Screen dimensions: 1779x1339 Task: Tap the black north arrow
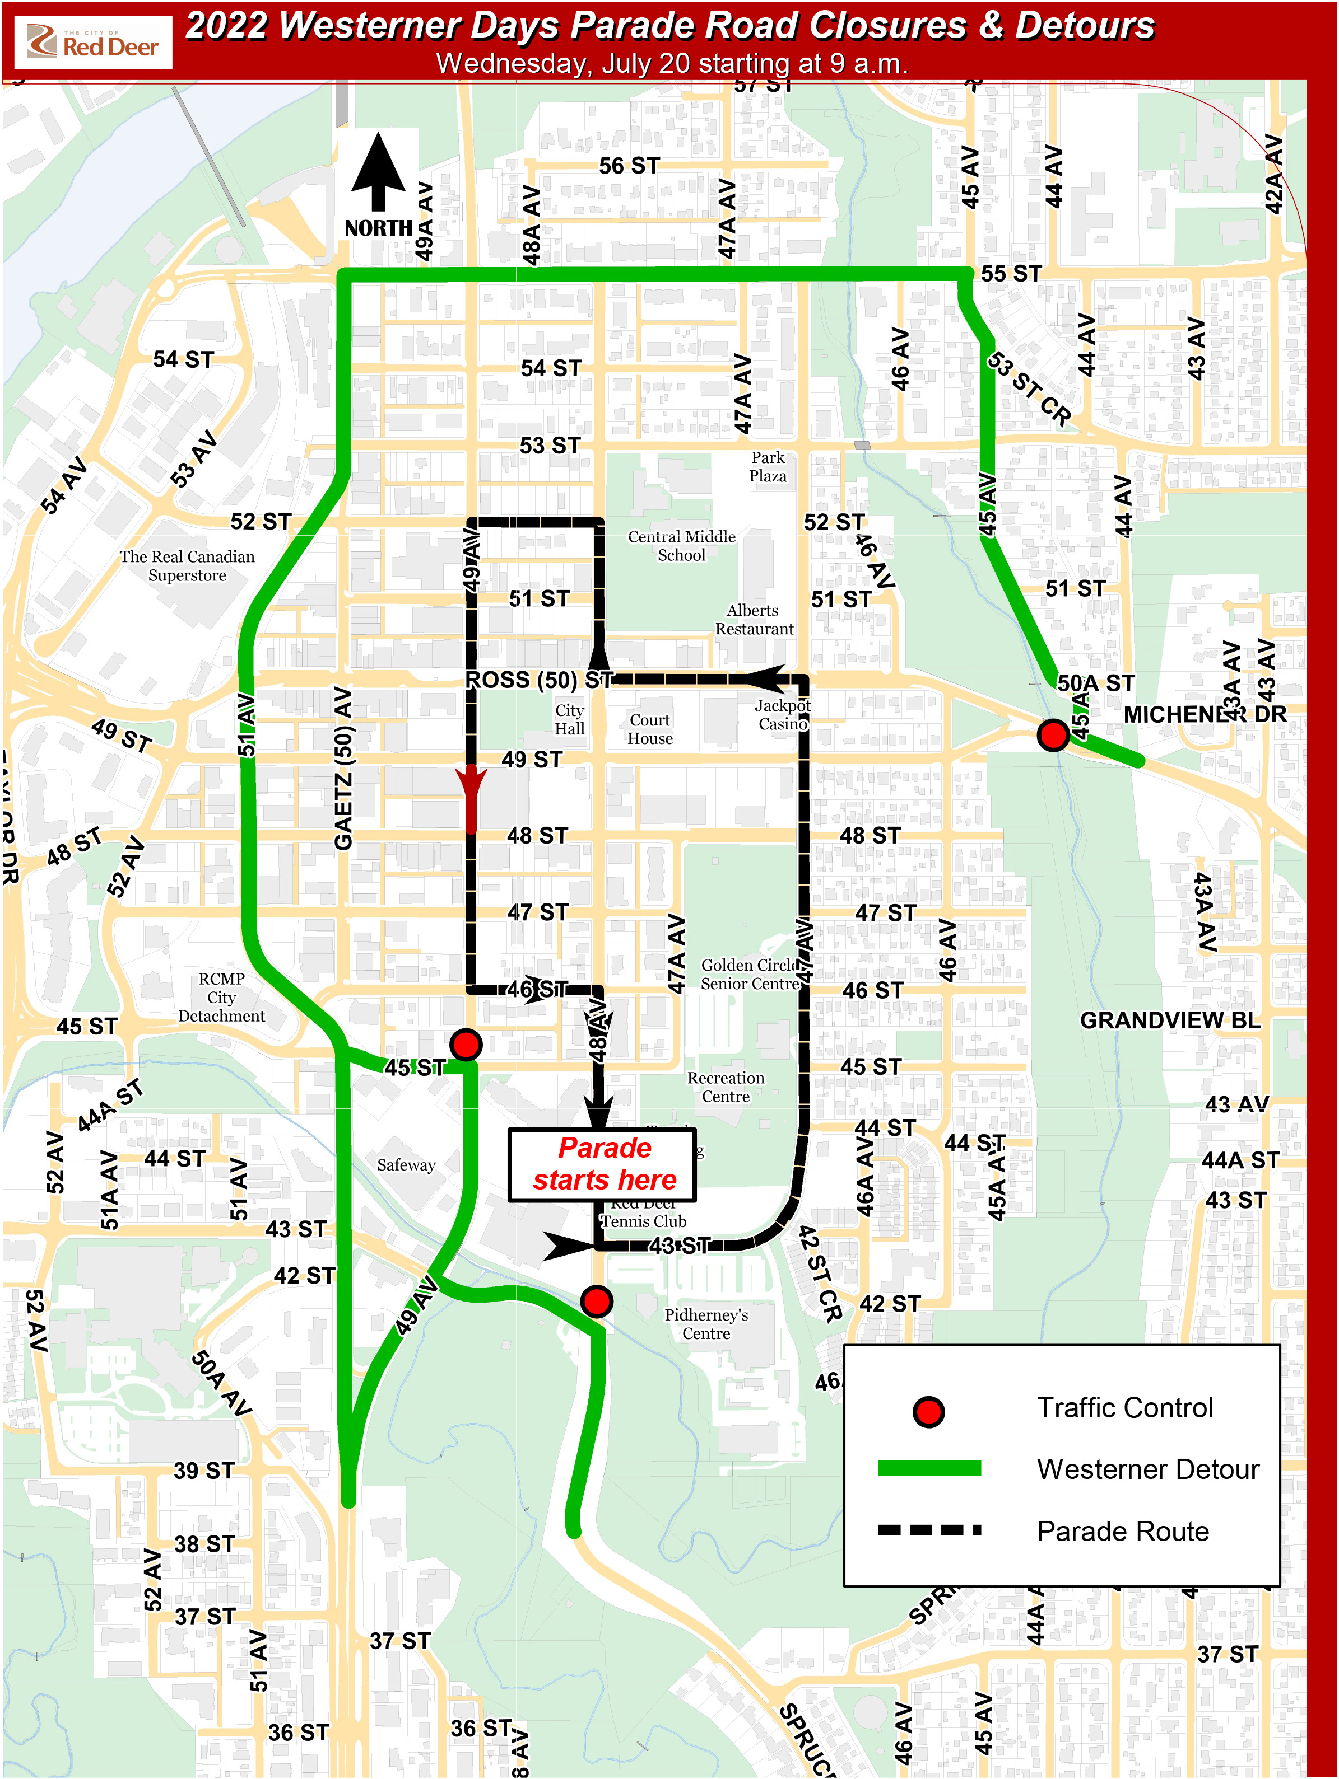pos(378,174)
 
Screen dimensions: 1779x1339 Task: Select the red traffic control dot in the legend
pos(928,1411)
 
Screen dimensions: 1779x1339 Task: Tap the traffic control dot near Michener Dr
pos(1053,735)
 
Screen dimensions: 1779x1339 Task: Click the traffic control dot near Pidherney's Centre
pos(596,1300)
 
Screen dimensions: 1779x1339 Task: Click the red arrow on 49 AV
pos(471,796)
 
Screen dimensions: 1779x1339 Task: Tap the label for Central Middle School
pos(682,546)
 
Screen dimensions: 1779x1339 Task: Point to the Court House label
pos(650,729)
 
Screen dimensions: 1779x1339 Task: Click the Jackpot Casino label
pos(782,715)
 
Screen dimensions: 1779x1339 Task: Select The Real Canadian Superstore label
pos(188,566)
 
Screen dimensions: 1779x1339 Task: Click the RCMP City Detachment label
pos(221,998)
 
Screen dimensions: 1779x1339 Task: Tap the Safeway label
pos(406,1164)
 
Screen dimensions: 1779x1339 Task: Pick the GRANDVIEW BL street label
pos(1169,1020)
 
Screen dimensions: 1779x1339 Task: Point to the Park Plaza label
pos(768,466)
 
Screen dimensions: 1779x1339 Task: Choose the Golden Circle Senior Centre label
pos(750,974)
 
